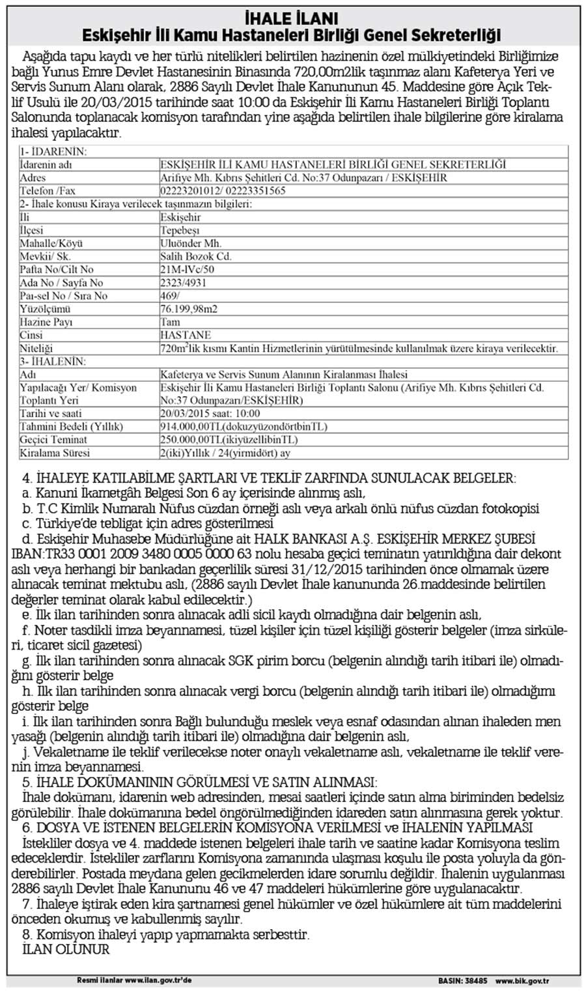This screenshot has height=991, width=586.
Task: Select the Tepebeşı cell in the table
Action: (x=180, y=230)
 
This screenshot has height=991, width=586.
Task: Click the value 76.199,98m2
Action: (x=188, y=309)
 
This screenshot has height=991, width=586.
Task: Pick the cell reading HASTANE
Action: (x=185, y=335)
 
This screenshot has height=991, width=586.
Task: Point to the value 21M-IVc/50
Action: (x=187, y=269)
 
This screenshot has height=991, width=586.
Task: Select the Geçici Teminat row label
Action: (x=54, y=440)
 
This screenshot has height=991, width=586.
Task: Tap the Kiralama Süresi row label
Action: (x=55, y=453)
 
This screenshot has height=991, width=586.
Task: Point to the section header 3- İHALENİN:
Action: (x=53, y=361)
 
